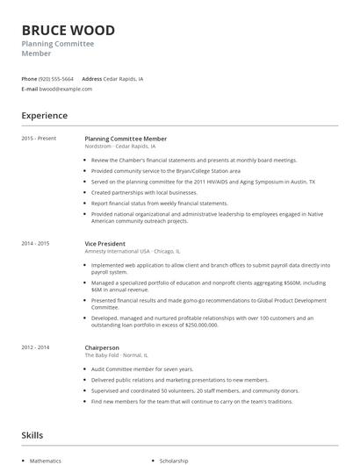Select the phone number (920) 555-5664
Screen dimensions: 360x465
coord(56,78)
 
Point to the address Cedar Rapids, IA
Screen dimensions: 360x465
coord(124,78)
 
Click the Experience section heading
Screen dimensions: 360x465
coord(44,116)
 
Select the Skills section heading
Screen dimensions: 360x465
coord(32,435)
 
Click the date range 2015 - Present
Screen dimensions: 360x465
coord(39,139)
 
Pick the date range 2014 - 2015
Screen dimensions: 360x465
coord(35,243)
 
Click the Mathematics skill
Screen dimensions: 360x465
coord(46,460)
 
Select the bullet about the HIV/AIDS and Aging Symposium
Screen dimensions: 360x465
coord(203,182)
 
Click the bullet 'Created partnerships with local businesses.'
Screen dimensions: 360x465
coord(144,192)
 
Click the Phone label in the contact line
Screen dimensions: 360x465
coord(29,78)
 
